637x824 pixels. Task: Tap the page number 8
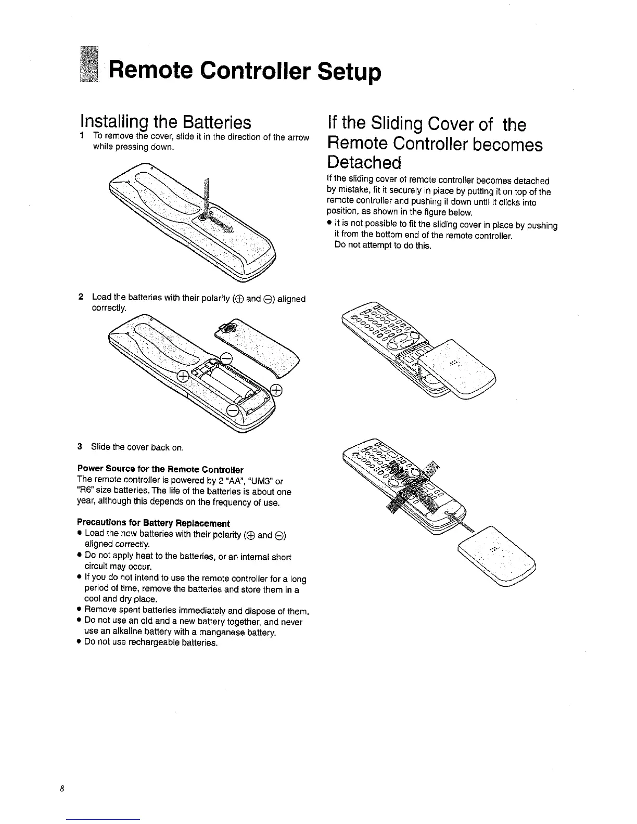click(61, 789)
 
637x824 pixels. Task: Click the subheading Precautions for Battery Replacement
click(153, 523)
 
